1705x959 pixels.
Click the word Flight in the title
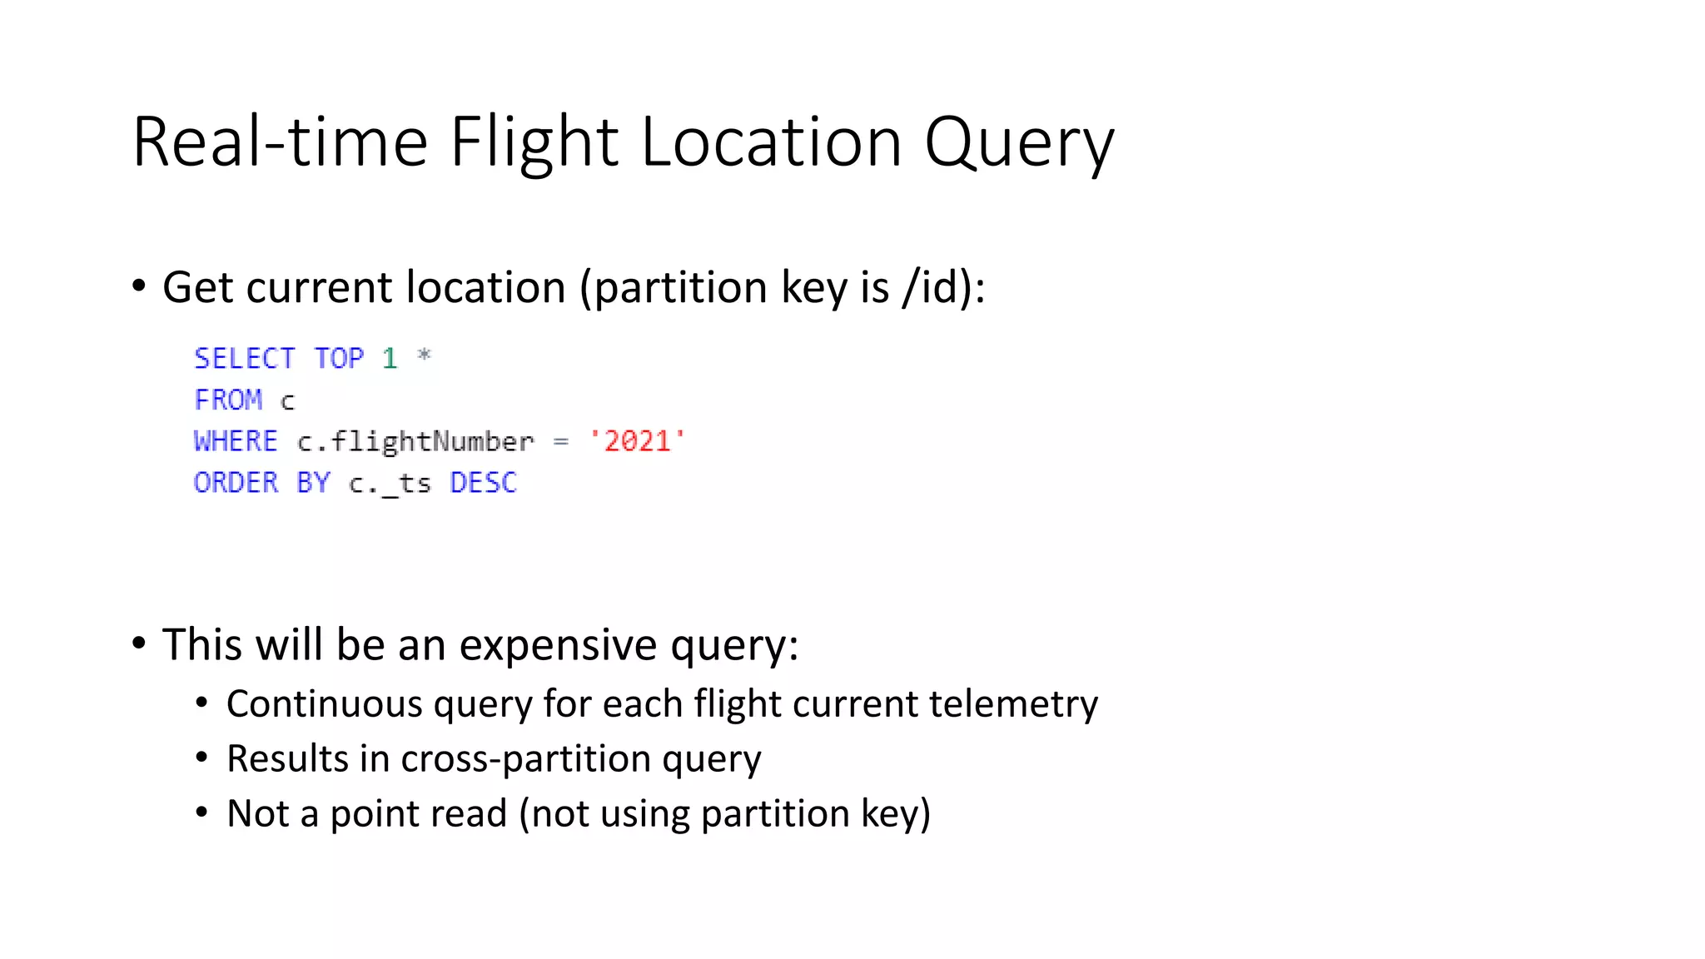tap(534, 143)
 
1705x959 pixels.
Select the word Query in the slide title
tap(1019, 143)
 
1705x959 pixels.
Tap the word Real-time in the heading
tap(280, 143)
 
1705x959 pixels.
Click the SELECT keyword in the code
tap(245, 359)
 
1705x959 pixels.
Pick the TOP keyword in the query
tap(339, 359)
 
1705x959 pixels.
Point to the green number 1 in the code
tap(390, 359)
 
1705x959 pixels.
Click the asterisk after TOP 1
tap(424, 356)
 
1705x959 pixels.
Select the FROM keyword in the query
tap(228, 400)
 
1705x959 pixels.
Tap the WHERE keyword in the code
tap(236, 441)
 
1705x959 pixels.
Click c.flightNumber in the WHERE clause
tap(415, 442)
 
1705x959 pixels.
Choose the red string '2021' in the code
tap(637, 441)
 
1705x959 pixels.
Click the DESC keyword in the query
tap(483, 483)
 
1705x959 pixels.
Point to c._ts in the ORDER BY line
tap(390, 484)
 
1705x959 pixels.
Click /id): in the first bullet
tap(943, 288)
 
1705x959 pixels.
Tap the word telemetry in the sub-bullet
tap(1013, 704)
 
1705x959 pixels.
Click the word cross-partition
tap(526, 759)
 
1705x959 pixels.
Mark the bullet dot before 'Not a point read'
tap(201, 812)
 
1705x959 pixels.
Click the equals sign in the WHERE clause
tap(561, 442)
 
